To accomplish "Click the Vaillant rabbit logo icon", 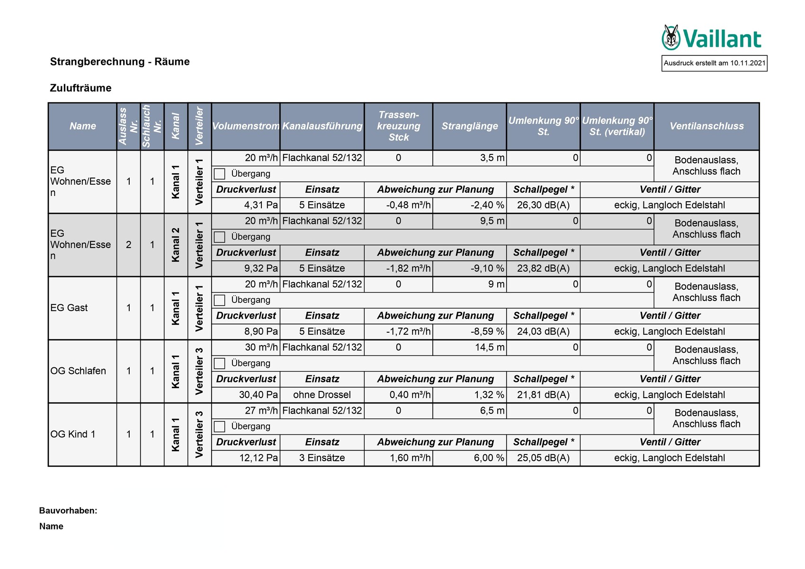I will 671,37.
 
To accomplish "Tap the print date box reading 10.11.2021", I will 714,63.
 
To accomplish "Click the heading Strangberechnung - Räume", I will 120,62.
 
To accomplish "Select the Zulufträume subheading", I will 80,88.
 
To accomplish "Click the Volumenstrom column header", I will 245,126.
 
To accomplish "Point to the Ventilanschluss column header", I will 706,126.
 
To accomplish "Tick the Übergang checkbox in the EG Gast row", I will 219,300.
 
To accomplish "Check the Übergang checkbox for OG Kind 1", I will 219,427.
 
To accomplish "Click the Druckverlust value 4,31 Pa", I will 261,205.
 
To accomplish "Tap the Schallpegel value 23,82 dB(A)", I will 543,269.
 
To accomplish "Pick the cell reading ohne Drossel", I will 322,395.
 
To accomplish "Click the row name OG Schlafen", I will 78,371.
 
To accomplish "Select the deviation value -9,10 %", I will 487,269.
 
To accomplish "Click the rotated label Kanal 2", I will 176,245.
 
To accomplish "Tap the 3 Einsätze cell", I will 322,458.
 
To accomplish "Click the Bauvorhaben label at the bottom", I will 68,511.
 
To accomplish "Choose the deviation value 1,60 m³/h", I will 410,458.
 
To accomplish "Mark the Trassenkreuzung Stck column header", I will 398,126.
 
